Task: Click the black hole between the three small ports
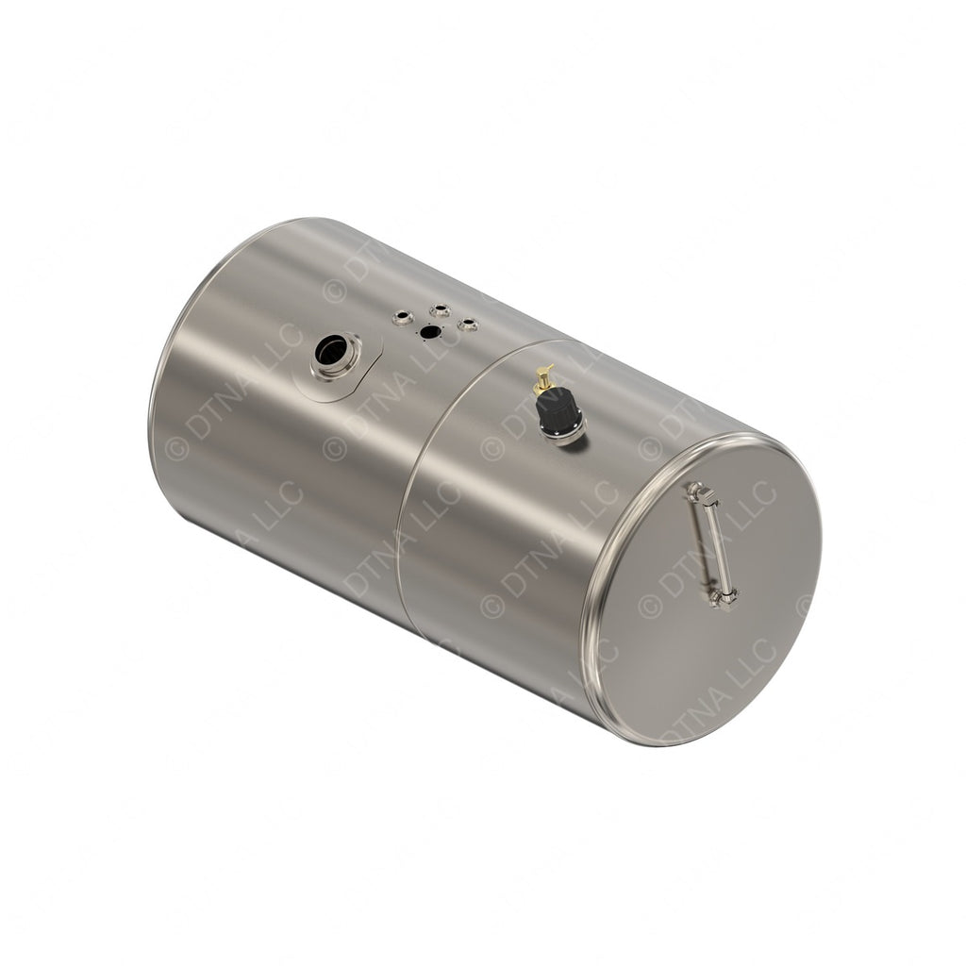[429, 331]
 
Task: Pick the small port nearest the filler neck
[403, 318]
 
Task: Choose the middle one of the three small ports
[440, 309]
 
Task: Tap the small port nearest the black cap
[467, 325]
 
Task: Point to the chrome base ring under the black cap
[568, 434]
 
